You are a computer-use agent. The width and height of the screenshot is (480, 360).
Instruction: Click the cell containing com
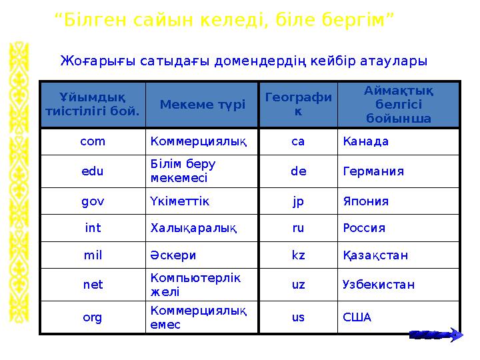click(93, 141)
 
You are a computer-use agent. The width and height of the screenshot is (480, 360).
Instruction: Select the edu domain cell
click(93, 171)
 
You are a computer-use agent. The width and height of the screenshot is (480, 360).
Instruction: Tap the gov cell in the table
click(93, 201)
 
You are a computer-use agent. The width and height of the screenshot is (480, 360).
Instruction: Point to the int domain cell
click(93, 228)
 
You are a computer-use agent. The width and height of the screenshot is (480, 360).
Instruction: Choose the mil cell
click(93, 255)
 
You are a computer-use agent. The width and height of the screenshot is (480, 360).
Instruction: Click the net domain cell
click(93, 285)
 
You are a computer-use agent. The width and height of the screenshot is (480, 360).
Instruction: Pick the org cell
click(93, 317)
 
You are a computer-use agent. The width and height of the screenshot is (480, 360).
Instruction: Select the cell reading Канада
click(365, 141)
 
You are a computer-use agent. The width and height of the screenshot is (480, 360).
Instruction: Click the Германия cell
click(373, 171)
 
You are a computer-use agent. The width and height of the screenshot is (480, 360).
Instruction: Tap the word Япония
click(365, 201)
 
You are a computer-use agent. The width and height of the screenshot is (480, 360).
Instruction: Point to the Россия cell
click(364, 228)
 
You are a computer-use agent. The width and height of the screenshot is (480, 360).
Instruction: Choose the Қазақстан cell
click(375, 255)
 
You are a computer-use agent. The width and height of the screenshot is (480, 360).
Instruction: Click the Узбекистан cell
click(378, 285)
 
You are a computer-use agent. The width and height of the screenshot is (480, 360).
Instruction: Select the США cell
click(357, 317)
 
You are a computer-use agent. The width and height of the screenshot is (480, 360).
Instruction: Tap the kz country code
click(298, 255)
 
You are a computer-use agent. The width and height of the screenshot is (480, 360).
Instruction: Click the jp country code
click(298, 201)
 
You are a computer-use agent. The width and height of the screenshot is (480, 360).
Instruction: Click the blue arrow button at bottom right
click(435, 335)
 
